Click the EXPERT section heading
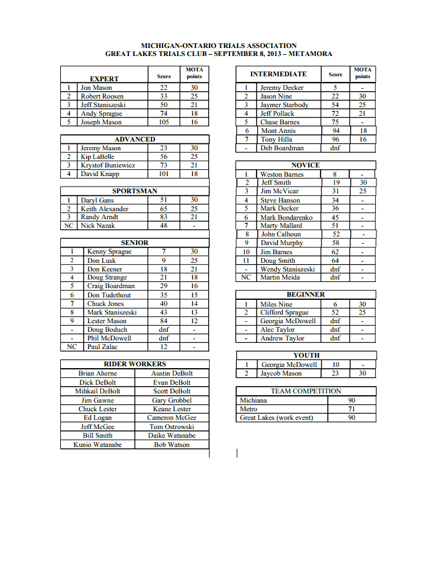pyautogui.click(x=104, y=79)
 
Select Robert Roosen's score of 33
pyautogui.click(x=164, y=97)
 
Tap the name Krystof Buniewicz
pyautogui.click(x=108, y=166)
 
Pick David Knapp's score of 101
pyautogui.click(x=164, y=174)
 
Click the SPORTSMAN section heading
pyautogui.click(x=134, y=191)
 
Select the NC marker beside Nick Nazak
pyautogui.click(x=68, y=226)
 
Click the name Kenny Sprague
pyautogui.click(x=109, y=252)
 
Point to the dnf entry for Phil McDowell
pyautogui.click(x=164, y=338)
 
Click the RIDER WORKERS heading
pyautogui.click(x=135, y=364)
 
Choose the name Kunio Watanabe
pyautogui.click(x=97, y=444)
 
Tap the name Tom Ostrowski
pyautogui.click(x=172, y=427)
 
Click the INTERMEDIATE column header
pyautogui.click(x=278, y=74)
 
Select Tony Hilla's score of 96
pyautogui.click(x=335, y=140)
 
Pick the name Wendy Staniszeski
pyautogui.click(x=288, y=269)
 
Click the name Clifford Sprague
pyautogui.click(x=284, y=313)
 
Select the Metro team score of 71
pyautogui.click(x=351, y=409)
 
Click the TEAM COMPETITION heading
pyautogui.click(x=306, y=392)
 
